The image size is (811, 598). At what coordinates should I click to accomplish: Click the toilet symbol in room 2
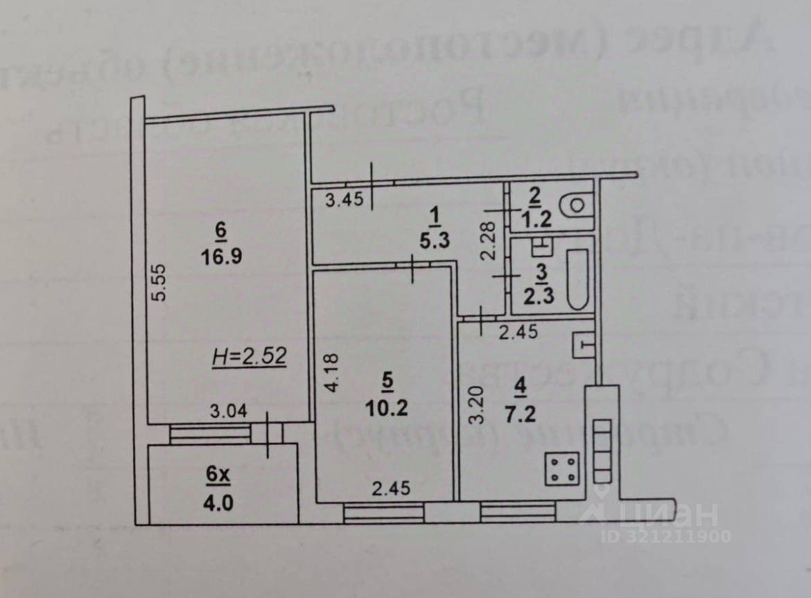pos(575,205)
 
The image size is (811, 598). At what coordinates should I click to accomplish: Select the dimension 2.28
pos(489,239)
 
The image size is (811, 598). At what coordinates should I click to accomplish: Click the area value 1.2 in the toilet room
pos(534,220)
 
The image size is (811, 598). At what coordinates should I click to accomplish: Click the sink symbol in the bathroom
pos(541,245)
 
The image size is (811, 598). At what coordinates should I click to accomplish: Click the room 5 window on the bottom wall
pos(383,513)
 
